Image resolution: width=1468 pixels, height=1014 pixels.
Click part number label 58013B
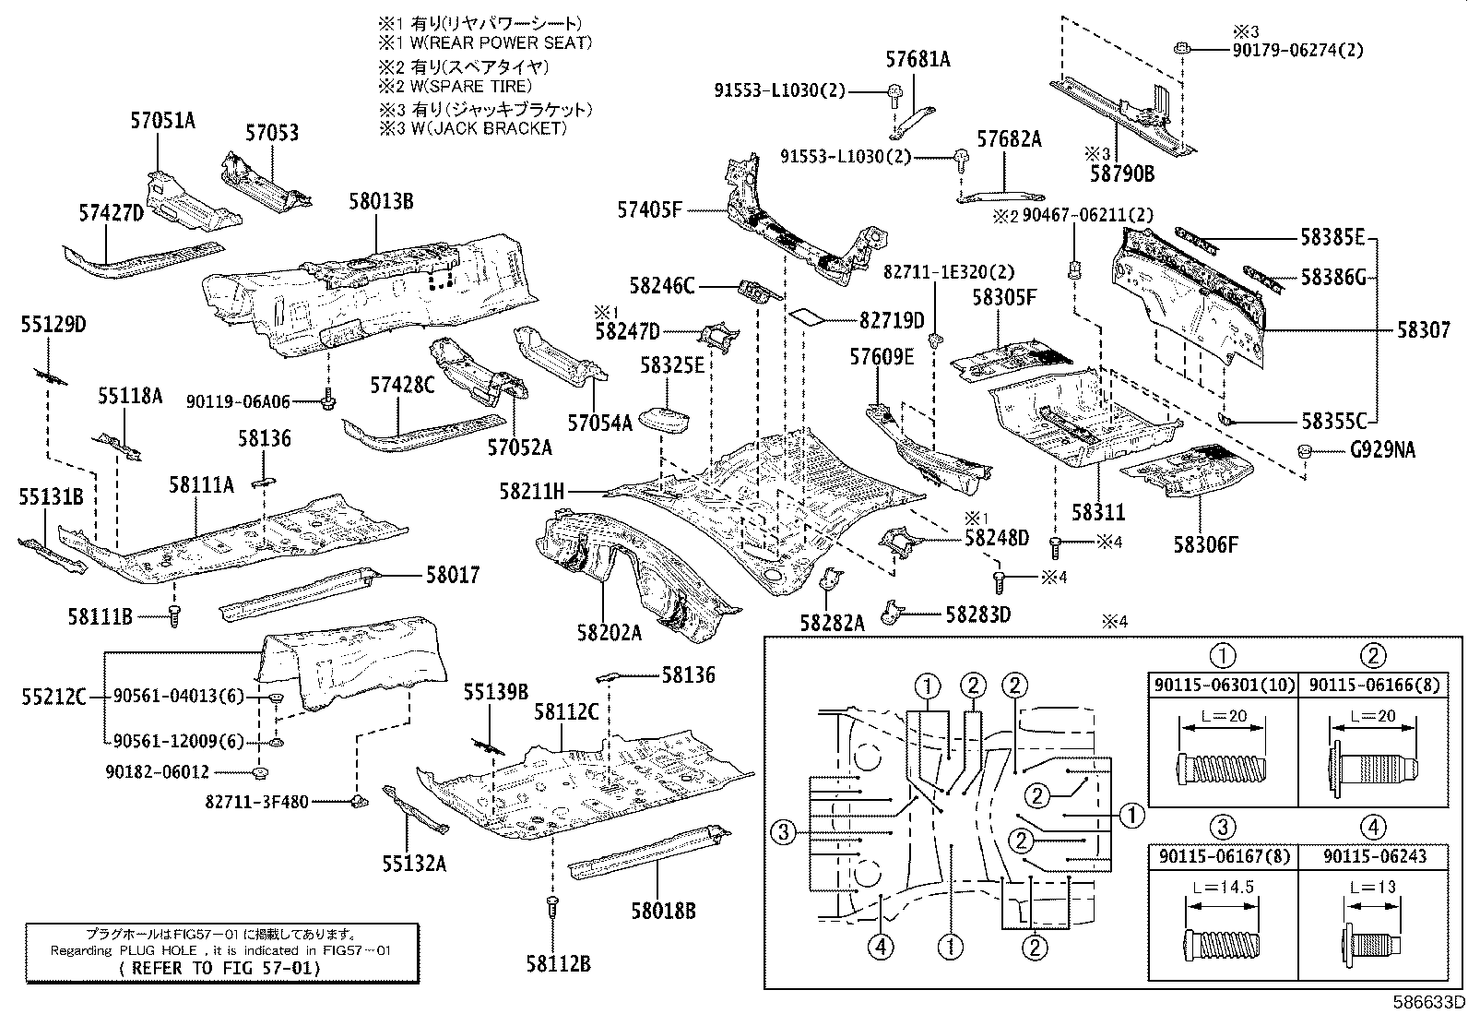coord(381,200)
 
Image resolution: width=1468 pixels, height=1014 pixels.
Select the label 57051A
coord(163,121)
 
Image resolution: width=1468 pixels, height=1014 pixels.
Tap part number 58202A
coord(609,632)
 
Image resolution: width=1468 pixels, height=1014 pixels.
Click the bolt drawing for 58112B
coord(551,906)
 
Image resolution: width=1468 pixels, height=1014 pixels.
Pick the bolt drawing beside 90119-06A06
coord(328,400)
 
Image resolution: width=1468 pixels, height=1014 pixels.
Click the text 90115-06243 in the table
coord(1374,856)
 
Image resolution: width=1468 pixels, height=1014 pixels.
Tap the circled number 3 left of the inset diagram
coord(782,833)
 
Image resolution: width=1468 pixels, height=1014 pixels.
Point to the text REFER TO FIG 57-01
coord(221,968)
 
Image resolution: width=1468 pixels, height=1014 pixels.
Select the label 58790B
coord(1122,173)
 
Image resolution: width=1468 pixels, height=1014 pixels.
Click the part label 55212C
coord(53,697)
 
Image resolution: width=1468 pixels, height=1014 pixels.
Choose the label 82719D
coord(891,320)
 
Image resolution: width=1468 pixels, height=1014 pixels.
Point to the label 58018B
coord(663,911)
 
